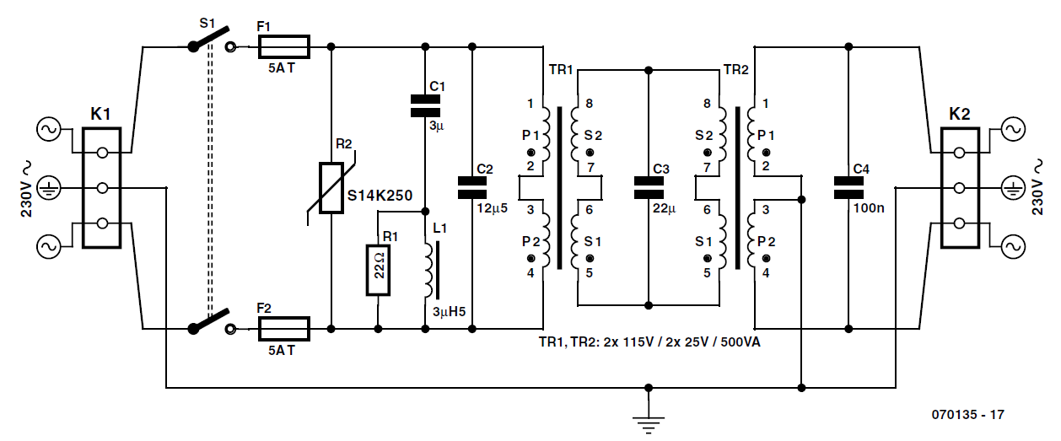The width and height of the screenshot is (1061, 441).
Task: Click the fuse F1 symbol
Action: [283, 46]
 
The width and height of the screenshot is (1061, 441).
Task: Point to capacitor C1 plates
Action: [424, 105]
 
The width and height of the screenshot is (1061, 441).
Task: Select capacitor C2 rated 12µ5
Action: [472, 187]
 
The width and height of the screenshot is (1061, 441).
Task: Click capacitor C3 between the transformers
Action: [648, 187]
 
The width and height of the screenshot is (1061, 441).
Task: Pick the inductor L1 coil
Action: [426, 270]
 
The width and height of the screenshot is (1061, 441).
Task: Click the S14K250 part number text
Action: [380, 195]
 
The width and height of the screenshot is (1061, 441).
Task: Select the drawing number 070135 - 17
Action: [967, 415]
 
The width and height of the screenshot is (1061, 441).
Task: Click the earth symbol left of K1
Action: [48, 187]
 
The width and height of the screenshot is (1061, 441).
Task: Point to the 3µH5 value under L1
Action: [448, 312]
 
